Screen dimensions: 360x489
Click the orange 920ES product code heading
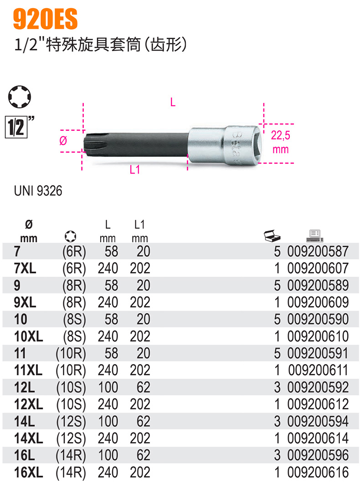pyautogui.click(x=45, y=19)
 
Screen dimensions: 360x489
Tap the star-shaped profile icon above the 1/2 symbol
pyautogui.click(x=19, y=97)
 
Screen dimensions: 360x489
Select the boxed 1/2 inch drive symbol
pyautogui.click(x=16, y=127)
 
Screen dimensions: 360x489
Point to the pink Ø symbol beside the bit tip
pyautogui.click(x=63, y=141)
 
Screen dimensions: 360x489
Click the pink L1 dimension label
pyautogui.click(x=135, y=170)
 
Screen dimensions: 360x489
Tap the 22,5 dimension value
pyautogui.click(x=280, y=135)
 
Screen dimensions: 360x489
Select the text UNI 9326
pyautogui.click(x=38, y=191)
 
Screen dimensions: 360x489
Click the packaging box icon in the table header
pyautogui.click(x=272, y=236)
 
